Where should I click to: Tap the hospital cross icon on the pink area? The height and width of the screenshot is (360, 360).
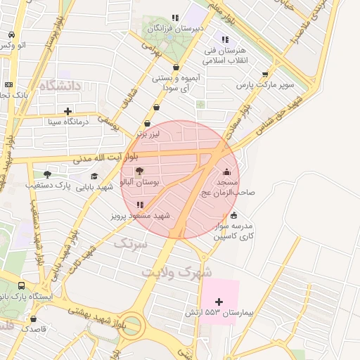pos(219,302)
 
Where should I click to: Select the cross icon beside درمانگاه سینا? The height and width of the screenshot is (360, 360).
pos(67,111)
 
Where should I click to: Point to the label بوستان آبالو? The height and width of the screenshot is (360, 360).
pos(140,181)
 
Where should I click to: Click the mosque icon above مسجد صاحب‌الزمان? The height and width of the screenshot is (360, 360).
pos(226,172)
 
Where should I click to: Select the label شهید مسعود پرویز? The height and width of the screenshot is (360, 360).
pos(141,216)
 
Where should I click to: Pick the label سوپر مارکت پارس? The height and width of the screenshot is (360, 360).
pos(263,85)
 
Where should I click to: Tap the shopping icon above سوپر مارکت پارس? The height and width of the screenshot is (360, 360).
pos(265,74)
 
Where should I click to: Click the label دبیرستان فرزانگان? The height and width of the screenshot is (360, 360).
pos(179,27)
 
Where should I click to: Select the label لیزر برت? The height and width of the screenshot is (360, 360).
pos(149,133)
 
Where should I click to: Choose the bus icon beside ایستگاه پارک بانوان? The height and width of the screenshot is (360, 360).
pos(22,286)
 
